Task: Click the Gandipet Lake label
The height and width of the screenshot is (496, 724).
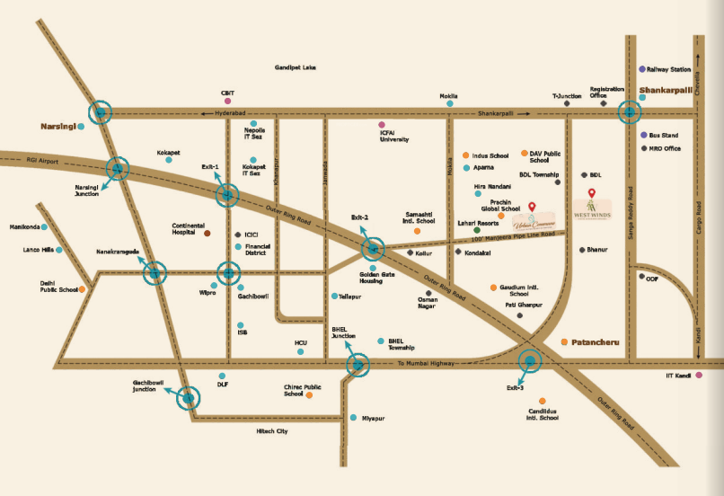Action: tap(296, 67)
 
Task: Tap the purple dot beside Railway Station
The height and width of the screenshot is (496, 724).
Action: tap(641, 69)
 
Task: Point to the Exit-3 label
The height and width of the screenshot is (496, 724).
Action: tap(515, 387)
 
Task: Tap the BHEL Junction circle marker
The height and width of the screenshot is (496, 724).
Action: tap(358, 364)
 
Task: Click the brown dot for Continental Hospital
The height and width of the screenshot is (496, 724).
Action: tap(207, 233)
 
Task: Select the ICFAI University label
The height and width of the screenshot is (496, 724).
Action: tap(394, 136)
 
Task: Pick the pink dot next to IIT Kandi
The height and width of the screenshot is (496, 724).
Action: tap(698, 376)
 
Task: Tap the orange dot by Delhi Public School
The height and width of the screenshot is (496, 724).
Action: tap(82, 289)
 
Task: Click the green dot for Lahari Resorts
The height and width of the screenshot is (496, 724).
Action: tap(477, 231)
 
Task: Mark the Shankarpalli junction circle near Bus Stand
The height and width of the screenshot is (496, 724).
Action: tap(630, 112)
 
